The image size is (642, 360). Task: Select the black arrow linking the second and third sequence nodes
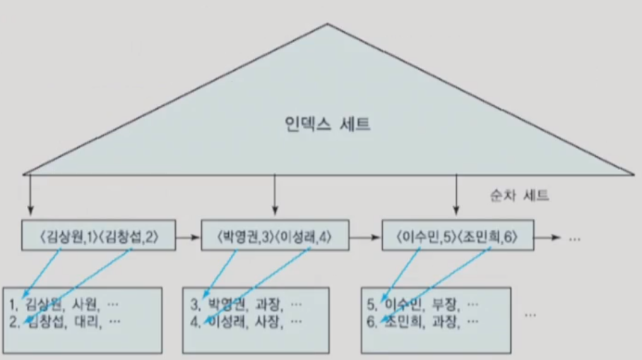[x=366, y=239]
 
